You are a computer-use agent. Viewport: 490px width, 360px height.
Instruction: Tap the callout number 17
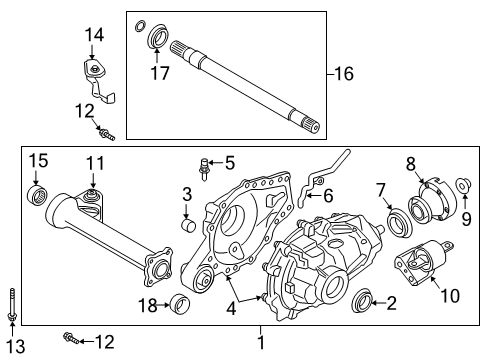[x=159, y=73]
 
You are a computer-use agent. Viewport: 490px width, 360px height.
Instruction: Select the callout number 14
[x=93, y=36]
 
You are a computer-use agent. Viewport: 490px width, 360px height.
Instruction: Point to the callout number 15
[x=37, y=161]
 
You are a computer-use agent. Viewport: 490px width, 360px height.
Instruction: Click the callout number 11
[x=93, y=162]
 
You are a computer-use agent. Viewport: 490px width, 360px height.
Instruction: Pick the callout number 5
[x=228, y=162]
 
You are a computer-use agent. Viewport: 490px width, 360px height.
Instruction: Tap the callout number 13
[x=12, y=345]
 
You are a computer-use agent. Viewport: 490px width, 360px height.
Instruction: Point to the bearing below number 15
[x=38, y=193]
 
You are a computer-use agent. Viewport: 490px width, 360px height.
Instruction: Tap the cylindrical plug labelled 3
[x=187, y=222]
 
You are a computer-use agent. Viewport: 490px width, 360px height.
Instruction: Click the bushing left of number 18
[x=181, y=303]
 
